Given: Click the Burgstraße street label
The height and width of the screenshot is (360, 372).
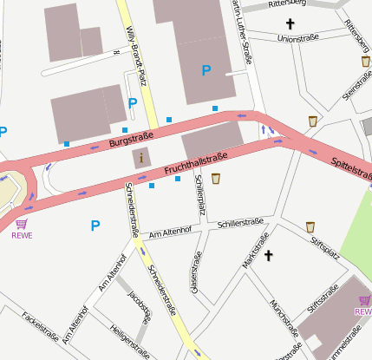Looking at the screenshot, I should click(x=132, y=141).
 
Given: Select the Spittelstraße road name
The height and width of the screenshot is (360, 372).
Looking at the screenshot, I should click(x=351, y=167).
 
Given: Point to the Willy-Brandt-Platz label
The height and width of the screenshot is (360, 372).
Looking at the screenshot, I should click(x=134, y=43).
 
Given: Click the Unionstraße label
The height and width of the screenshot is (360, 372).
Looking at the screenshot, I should click(x=297, y=39).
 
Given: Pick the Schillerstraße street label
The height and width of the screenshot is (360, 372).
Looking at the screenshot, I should click(x=241, y=222).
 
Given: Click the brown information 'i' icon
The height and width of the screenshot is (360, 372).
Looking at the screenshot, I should click(x=141, y=158).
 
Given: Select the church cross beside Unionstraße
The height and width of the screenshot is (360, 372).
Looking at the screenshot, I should click(x=290, y=23).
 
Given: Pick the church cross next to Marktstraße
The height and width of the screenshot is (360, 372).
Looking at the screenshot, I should click(x=269, y=255).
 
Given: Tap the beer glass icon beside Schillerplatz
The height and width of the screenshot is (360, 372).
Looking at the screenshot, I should click(x=216, y=179).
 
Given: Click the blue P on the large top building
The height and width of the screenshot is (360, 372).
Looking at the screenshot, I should click(x=206, y=70).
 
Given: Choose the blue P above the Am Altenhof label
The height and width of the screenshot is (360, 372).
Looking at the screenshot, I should click(x=95, y=226).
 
